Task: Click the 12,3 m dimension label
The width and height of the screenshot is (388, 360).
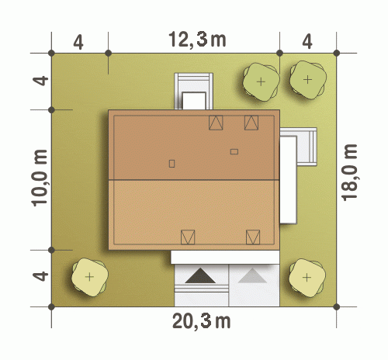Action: [197, 40]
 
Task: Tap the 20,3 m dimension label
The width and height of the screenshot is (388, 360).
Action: [201, 321]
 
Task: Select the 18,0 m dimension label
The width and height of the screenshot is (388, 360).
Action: [350, 172]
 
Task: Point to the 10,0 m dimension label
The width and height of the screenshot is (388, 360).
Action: [40, 178]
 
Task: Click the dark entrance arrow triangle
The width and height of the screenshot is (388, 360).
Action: [200, 275]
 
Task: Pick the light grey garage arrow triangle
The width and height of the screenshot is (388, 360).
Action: [252, 275]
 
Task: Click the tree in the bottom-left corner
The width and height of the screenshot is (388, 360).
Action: [89, 277]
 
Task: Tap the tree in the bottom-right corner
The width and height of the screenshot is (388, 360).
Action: [307, 278]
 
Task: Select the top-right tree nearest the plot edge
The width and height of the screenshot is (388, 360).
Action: [308, 80]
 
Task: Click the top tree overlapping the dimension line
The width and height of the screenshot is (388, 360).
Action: [262, 81]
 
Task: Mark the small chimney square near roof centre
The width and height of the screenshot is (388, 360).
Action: [171, 164]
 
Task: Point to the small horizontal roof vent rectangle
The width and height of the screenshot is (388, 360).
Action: [234, 151]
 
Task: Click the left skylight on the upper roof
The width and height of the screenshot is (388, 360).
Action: [216, 123]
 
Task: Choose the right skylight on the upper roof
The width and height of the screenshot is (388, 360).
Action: [251, 123]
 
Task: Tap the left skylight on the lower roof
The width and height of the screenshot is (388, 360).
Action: [188, 237]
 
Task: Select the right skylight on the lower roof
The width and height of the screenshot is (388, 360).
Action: [253, 237]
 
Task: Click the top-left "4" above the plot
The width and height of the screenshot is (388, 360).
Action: [78, 42]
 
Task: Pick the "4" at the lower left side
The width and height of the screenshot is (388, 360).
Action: [40, 276]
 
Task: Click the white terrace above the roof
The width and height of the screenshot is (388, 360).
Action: [194, 91]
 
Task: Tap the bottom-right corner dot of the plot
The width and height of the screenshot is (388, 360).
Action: [336, 307]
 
